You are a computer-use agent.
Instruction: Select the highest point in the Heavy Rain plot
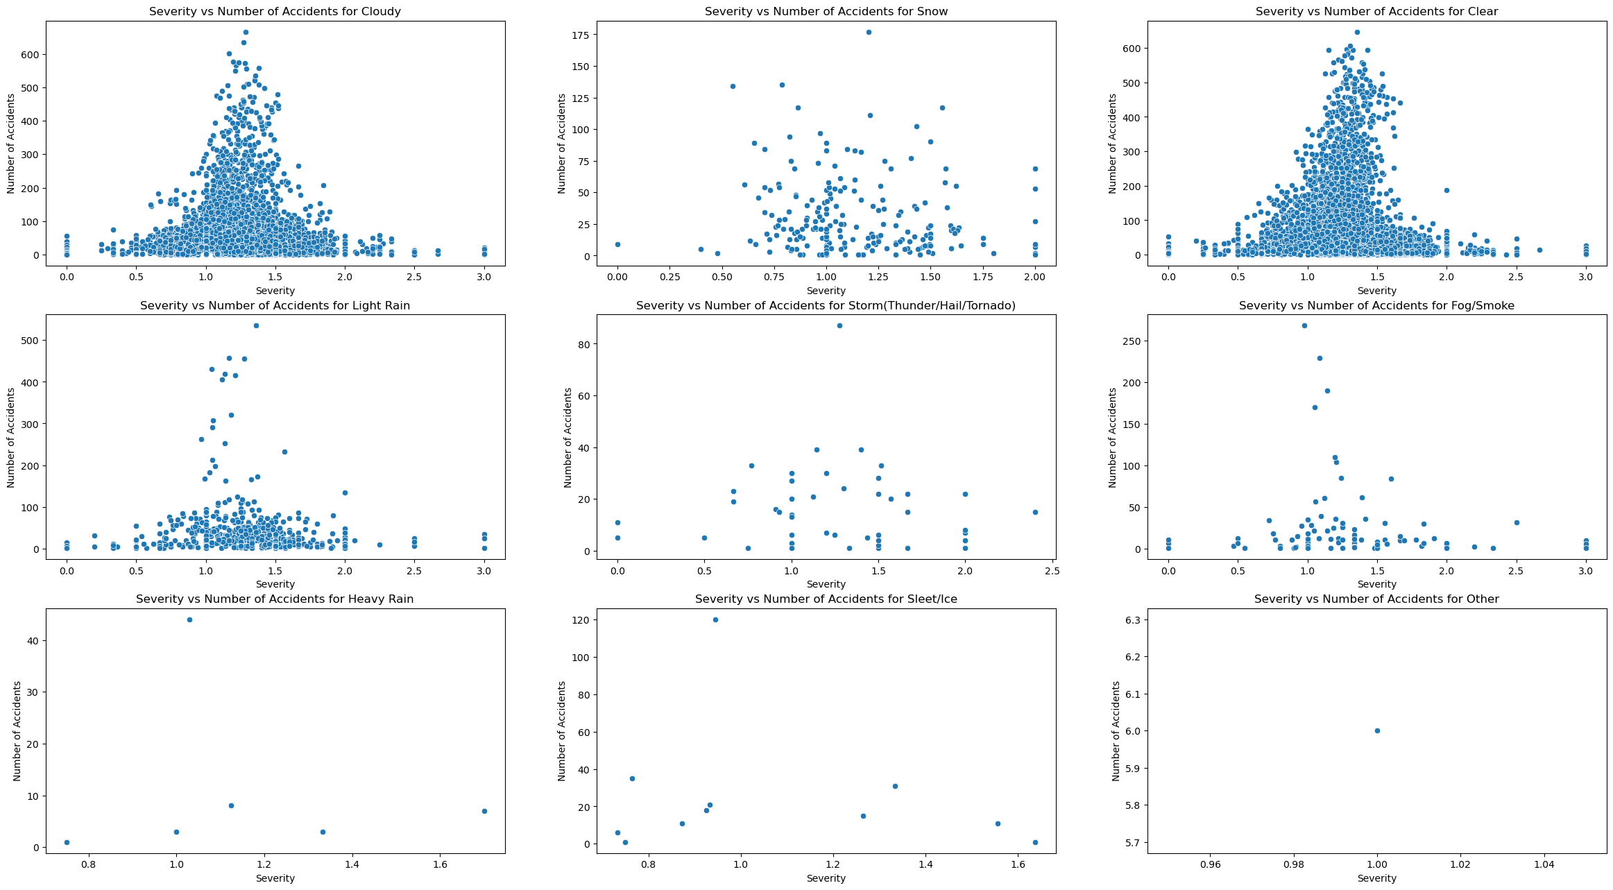pyautogui.click(x=189, y=619)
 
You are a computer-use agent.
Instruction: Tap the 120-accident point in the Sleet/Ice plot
pyautogui.click(x=715, y=619)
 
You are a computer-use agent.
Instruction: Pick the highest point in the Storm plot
pyautogui.click(x=839, y=325)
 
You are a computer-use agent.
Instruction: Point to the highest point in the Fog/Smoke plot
pyautogui.click(x=1304, y=325)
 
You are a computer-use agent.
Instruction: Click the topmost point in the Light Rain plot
pyautogui.click(x=256, y=325)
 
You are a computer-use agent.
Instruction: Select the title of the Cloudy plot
pyautogui.click(x=275, y=11)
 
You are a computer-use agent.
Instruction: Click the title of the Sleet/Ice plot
pyautogui.click(x=826, y=599)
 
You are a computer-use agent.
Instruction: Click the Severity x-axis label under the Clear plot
pyautogui.click(x=1376, y=291)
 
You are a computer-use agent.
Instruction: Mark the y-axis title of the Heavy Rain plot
pyautogui.click(x=17, y=730)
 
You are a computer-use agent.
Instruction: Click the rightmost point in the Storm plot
pyautogui.click(x=1035, y=512)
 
